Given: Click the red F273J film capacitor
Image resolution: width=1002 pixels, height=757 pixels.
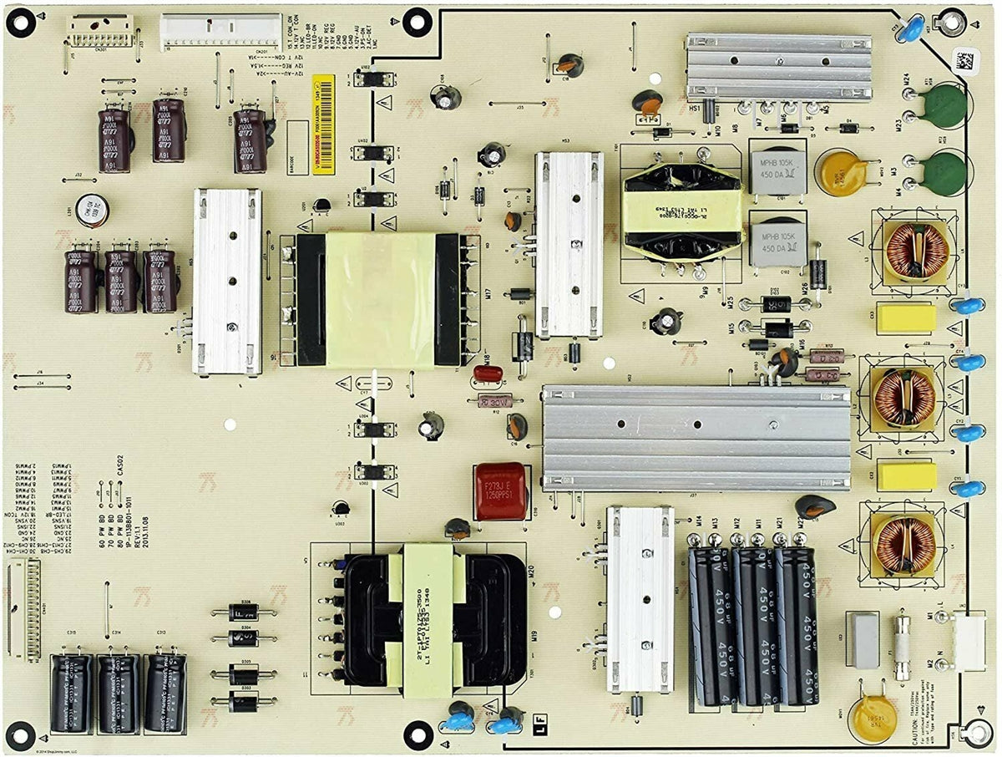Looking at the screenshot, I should point(500,490).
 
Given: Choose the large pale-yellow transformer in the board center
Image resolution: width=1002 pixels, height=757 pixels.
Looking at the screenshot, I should point(379,299).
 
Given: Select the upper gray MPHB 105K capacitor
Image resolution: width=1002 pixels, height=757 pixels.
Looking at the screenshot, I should point(778,173).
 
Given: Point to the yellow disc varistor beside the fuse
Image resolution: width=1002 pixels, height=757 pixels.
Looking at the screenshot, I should point(872,717).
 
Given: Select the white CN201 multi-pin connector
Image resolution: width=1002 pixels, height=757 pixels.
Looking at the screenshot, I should point(220,31).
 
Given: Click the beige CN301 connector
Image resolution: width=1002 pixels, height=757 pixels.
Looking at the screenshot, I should point(99,30).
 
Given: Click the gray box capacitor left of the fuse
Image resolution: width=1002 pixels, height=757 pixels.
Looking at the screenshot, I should point(863,639).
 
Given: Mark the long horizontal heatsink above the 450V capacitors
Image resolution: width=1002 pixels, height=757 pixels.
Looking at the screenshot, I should point(695,437).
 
